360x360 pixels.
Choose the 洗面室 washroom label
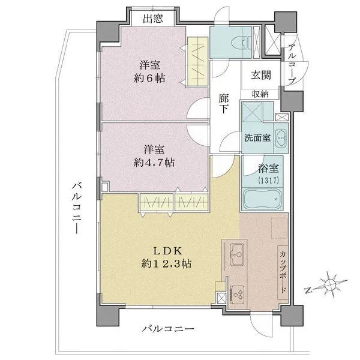pos(257,137)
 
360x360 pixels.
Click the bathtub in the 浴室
pos(263,200)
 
